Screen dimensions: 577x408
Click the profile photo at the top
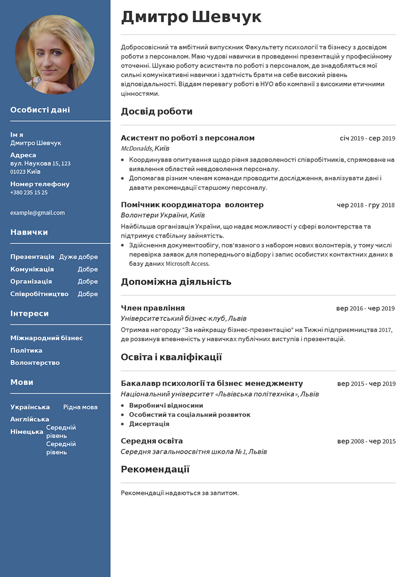click(55, 55)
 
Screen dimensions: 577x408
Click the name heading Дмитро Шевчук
click(191, 17)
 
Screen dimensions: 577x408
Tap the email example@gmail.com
click(38, 213)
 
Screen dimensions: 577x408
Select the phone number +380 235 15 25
click(29, 192)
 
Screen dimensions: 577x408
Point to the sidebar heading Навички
click(29, 232)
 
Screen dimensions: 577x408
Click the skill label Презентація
click(32, 257)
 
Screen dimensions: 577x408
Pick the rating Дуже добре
click(78, 257)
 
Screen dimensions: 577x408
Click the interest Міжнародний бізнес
click(46, 338)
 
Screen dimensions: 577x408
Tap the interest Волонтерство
click(35, 363)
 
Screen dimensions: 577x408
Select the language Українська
click(30, 407)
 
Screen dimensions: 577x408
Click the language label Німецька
click(27, 431)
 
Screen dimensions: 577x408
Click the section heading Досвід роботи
click(156, 111)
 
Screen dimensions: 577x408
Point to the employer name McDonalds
click(136, 148)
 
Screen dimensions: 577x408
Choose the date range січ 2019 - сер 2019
click(367, 138)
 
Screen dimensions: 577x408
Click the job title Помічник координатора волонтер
click(192, 205)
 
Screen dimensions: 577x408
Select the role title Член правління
click(152, 308)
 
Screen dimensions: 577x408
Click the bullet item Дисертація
click(149, 424)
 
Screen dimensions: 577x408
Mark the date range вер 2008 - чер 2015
click(366, 441)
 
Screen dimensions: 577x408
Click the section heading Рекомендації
click(155, 469)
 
